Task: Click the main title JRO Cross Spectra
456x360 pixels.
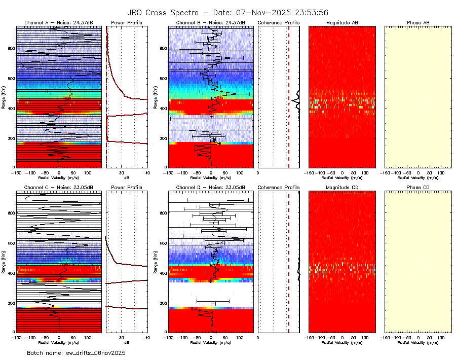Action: (228, 12)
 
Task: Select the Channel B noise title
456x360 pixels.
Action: (211, 23)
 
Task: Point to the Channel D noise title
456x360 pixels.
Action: (211, 188)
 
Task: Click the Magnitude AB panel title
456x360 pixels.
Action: (342, 23)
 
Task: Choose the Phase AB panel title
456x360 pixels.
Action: (418, 23)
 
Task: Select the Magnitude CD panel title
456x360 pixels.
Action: (342, 188)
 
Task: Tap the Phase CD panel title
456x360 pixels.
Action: (418, 188)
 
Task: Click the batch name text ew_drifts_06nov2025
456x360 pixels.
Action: (76, 352)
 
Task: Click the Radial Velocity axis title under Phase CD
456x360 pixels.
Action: (418, 342)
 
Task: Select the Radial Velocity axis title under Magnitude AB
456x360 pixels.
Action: (342, 177)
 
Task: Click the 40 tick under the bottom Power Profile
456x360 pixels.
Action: (147, 337)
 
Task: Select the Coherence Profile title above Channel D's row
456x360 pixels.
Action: (279, 188)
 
